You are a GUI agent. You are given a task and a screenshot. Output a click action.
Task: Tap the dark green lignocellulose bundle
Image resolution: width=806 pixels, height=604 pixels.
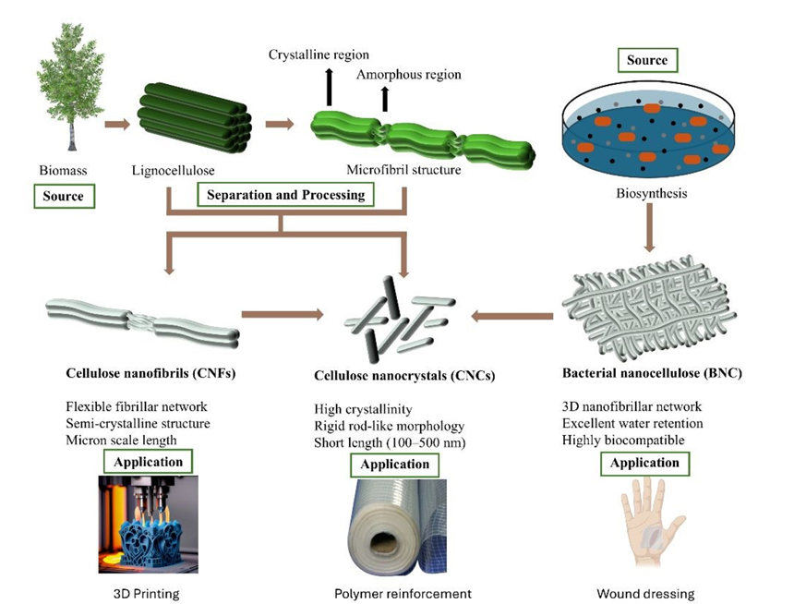pos(194,118)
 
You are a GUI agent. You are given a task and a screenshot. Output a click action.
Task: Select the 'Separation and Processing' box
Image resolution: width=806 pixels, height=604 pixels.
pos(286,195)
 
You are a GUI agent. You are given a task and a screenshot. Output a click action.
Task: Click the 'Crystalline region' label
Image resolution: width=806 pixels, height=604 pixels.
pos(319,54)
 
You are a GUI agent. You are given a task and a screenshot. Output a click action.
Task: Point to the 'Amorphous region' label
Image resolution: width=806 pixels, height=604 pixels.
pos(409,75)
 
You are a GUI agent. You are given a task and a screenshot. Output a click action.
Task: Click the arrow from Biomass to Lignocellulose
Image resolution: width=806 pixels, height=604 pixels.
pos(117,124)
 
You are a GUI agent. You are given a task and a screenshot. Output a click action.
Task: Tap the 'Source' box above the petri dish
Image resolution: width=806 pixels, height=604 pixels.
pos(647,60)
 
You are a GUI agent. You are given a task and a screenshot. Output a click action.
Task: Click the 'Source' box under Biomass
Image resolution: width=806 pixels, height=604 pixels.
pos(64,196)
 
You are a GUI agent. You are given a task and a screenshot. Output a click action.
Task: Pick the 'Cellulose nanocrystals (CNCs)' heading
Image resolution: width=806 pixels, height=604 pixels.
pos(404,376)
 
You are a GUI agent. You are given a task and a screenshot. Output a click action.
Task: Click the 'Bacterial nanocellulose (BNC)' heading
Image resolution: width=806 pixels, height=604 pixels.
pos(652,373)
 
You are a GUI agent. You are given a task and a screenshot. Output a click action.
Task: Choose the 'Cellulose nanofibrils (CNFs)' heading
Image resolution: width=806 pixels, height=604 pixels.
pos(150,373)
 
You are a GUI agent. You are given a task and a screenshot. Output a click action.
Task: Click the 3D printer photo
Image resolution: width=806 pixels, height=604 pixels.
pos(148,525)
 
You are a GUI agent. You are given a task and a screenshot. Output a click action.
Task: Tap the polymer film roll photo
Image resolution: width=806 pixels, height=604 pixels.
pos(396,525)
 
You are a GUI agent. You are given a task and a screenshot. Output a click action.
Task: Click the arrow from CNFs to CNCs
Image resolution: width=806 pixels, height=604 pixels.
pos(283,314)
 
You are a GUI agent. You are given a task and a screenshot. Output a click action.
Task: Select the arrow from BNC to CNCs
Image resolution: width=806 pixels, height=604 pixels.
pos(512,316)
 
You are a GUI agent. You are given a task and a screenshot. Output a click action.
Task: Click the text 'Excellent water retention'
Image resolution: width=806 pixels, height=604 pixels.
pos(632,424)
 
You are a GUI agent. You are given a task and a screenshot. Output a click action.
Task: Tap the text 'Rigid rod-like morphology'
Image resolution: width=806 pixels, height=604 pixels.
pos(389,426)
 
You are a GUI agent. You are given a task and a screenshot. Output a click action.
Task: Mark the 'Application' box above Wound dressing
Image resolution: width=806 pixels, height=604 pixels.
pos(644,463)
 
